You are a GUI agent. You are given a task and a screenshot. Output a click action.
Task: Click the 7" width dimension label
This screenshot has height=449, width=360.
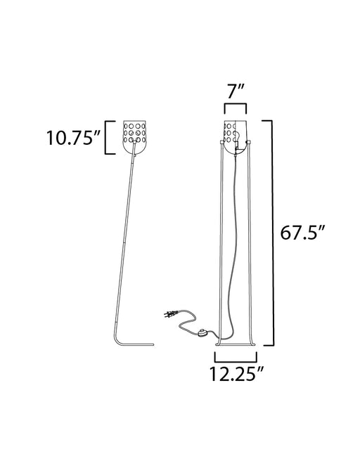coord(236,91)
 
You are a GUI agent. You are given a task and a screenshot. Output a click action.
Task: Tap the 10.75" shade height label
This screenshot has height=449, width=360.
coord(73,138)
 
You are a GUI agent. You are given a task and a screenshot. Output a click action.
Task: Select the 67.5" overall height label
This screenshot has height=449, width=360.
coord(302,233)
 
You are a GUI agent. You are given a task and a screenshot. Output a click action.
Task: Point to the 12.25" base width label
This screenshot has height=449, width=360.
coord(236,373)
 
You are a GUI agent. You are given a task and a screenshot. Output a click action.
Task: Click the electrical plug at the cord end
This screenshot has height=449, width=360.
coord(171,313)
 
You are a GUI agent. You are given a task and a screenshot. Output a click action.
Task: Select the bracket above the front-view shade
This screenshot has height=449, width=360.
coord(236,106)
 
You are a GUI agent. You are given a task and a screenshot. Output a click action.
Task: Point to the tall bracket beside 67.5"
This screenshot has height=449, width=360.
coord(271,233)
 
